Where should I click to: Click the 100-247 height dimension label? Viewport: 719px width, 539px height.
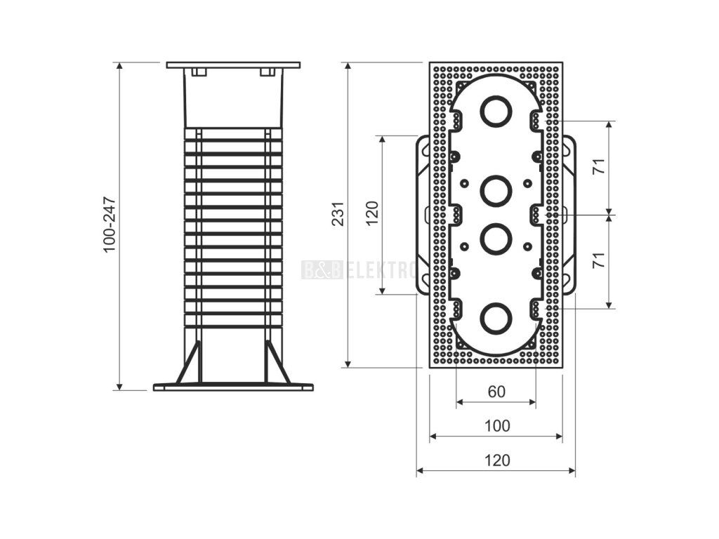[x=109, y=225]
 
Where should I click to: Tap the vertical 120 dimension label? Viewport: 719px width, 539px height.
[x=372, y=214]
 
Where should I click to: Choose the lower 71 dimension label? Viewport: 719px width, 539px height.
[x=598, y=260]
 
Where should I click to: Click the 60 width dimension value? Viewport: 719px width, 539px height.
[x=496, y=392]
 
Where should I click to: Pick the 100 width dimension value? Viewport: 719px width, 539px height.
[x=496, y=425]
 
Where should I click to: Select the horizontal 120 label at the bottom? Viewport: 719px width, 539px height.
[x=496, y=460]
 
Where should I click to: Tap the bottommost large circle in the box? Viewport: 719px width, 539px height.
[x=496, y=318]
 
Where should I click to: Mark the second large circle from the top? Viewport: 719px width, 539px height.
[x=496, y=189]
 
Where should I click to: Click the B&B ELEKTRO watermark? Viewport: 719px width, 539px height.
[x=359, y=269]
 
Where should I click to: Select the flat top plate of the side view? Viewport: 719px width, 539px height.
[x=233, y=65]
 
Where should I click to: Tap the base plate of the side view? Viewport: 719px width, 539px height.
[x=233, y=387]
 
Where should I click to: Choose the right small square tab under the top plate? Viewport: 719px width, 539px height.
[x=266, y=72]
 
